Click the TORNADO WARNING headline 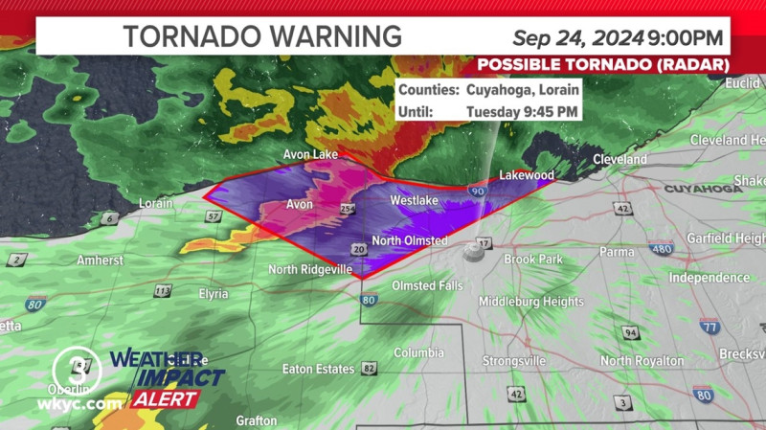coord(262,36)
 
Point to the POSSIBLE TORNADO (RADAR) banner coord(603,64)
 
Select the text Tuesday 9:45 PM coord(522,111)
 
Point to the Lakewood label coord(527,176)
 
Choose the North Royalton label coord(642,361)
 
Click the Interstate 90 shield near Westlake coord(477,193)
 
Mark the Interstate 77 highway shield coord(709,328)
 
